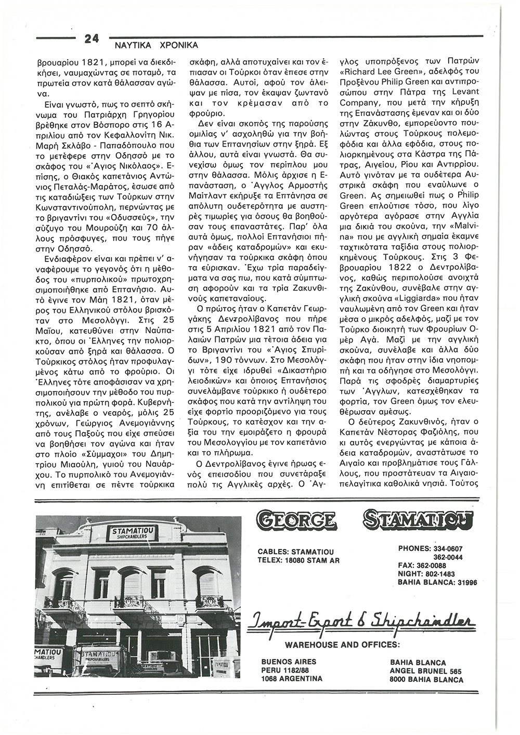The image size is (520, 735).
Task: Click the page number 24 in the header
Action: click(x=92, y=38)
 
